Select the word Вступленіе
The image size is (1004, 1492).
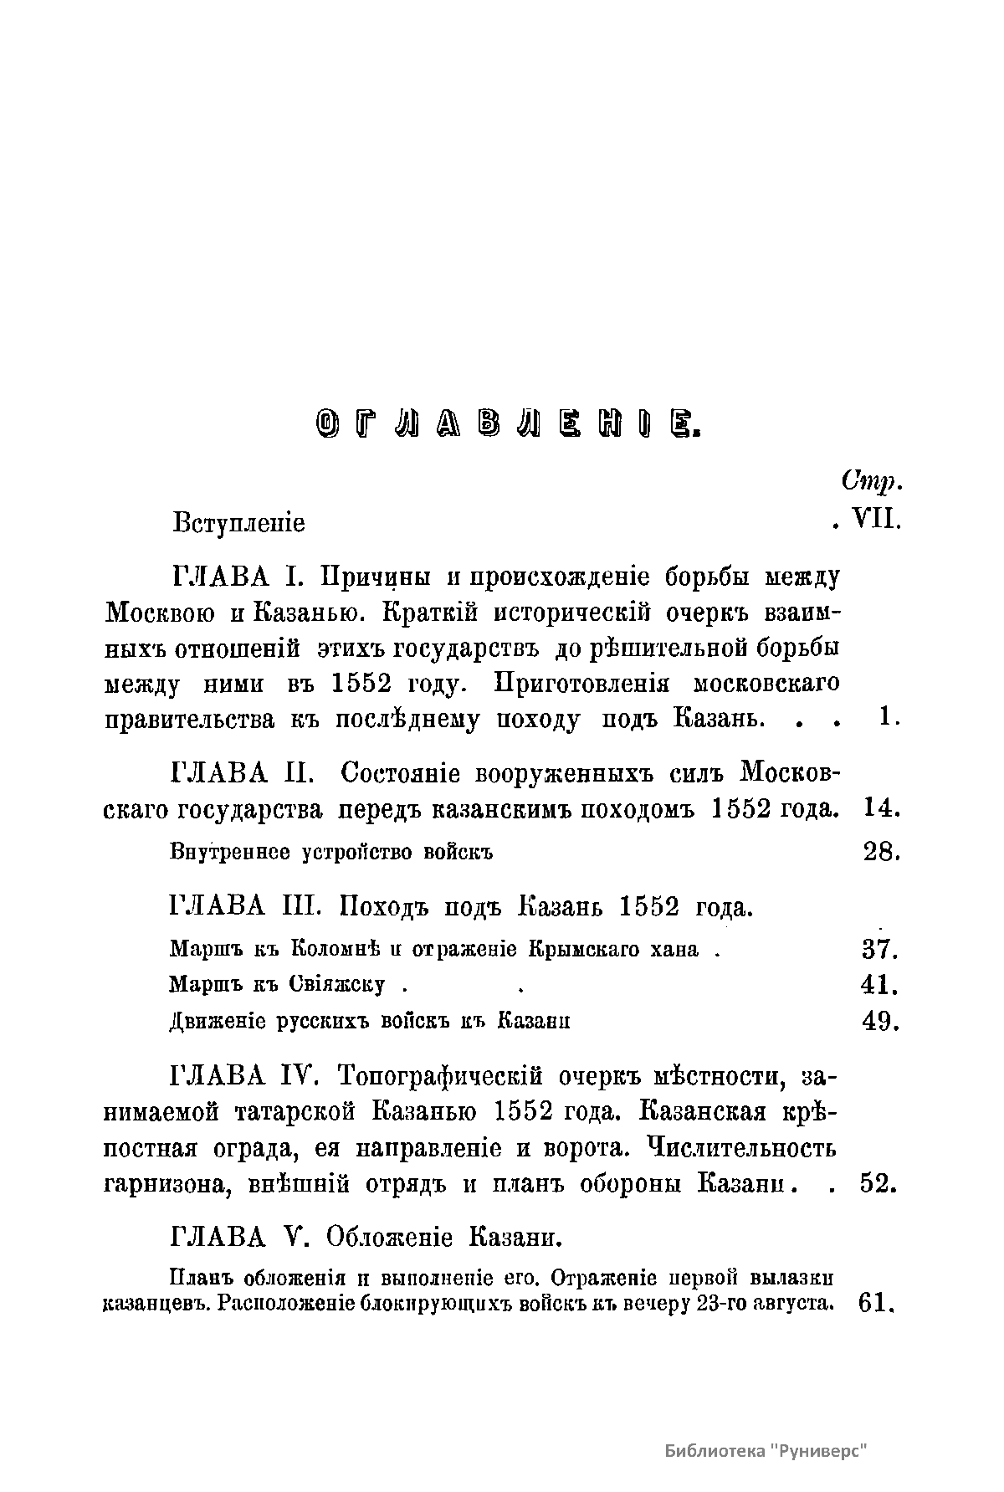(x=239, y=523)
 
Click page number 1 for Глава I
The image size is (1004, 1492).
(x=886, y=717)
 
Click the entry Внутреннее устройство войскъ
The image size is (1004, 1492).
(x=331, y=854)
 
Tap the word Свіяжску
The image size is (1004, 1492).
(x=337, y=985)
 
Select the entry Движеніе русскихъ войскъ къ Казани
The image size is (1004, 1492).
(x=370, y=1022)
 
